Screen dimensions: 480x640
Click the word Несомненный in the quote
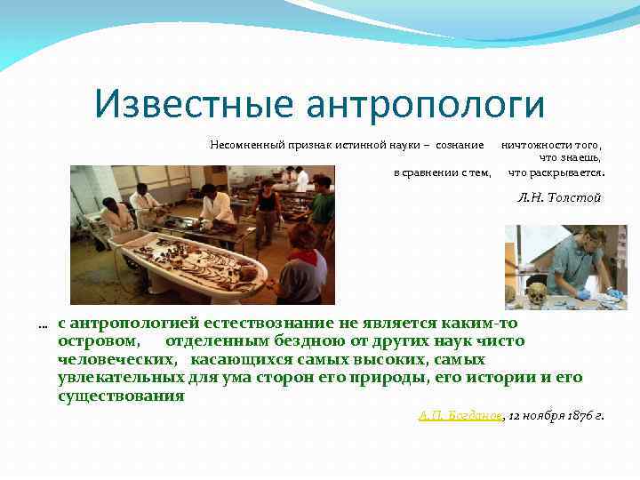242,144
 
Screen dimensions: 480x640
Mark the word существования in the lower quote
121,396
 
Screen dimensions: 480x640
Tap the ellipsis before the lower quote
43,325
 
